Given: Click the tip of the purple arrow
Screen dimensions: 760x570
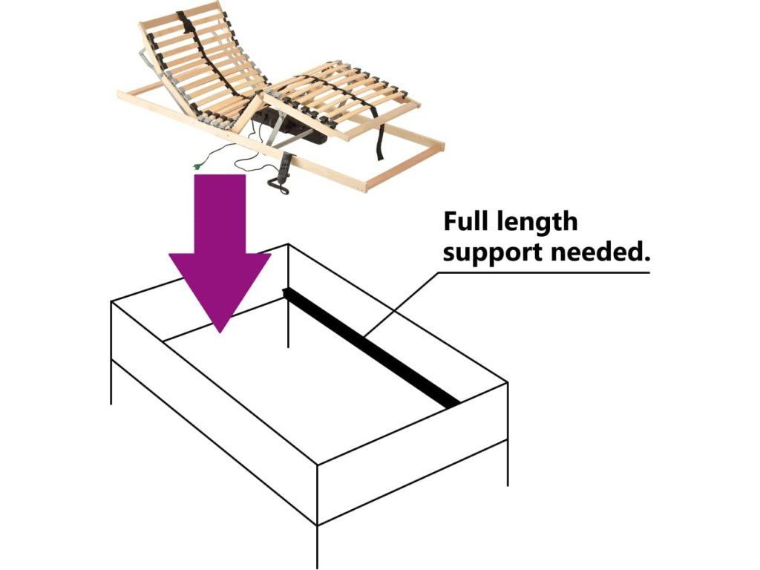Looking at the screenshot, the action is tap(220, 330).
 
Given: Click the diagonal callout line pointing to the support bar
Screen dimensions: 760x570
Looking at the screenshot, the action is tap(401, 304).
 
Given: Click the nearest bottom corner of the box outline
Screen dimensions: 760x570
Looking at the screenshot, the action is tap(318, 524).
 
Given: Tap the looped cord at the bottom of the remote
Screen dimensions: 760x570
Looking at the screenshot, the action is tap(281, 189).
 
